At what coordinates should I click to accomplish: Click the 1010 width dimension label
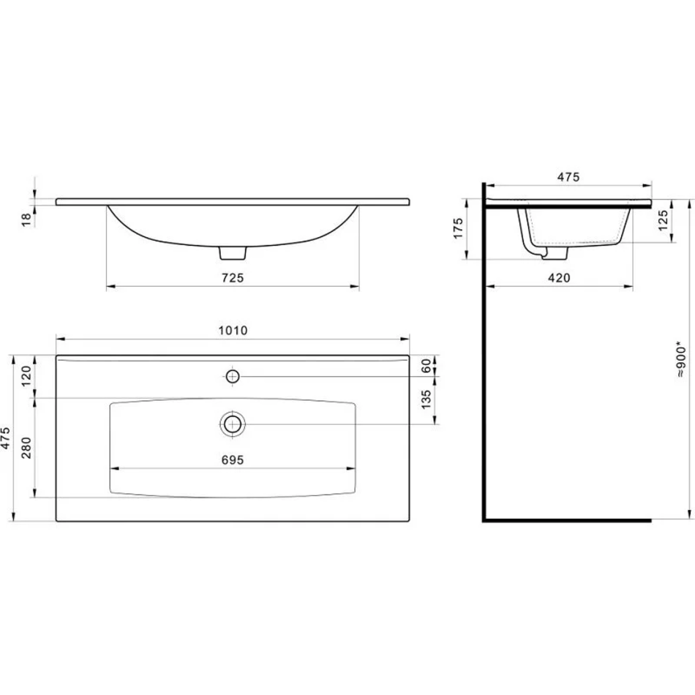tap(233, 331)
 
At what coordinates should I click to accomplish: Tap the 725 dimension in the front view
tap(233, 278)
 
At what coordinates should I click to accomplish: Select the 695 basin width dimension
tap(233, 460)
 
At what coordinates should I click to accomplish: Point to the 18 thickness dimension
tap(26, 220)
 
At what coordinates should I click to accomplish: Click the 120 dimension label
tap(26, 376)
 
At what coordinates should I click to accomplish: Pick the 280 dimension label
tap(26, 448)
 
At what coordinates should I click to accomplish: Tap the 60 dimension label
tap(426, 366)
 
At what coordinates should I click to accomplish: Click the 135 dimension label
tap(426, 399)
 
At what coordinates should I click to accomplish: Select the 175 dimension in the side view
tap(458, 228)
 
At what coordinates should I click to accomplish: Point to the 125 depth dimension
tap(663, 220)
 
